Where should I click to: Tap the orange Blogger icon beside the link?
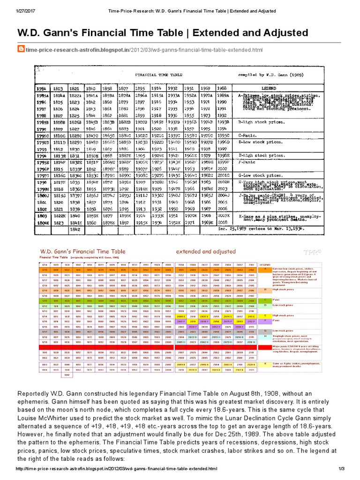pyautogui.click(x=21, y=49)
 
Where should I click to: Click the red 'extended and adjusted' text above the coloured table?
pyautogui.click(x=205, y=251)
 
